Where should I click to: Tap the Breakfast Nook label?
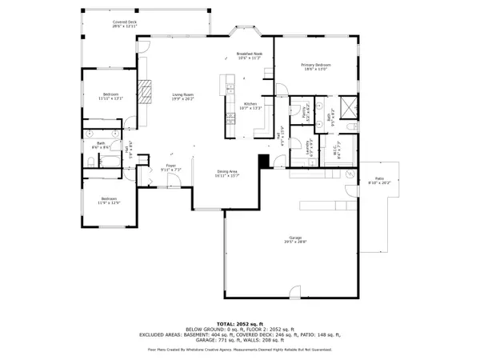pyautogui.click(x=250, y=56)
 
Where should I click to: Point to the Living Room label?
pyautogui.click(x=184, y=97)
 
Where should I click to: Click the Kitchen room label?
pyautogui.click(x=250, y=105)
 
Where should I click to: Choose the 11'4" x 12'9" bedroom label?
pyautogui.click(x=109, y=200)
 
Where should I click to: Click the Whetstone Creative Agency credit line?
pyautogui.click(x=240, y=350)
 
